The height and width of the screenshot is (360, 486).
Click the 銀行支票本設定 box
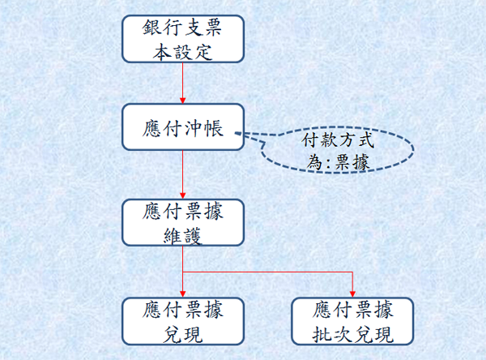click(x=183, y=39)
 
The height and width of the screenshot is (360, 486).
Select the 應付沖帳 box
click(x=183, y=127)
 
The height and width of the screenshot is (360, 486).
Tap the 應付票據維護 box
click(x=183, y=222)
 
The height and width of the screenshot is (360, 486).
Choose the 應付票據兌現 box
click(x=183, y=321)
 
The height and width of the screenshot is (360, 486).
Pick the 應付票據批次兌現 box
click(x=352, y=321)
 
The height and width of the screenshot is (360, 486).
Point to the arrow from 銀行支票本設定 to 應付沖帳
click(x=182, y=84)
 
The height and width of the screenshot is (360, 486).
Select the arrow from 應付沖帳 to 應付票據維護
click(x=182, y=174)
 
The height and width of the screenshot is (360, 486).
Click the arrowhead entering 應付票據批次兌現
click(x=352, y=294)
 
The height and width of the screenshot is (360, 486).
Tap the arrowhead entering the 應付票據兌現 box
click(x=182, y=294)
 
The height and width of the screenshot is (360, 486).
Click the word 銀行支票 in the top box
click(x=182, y=28)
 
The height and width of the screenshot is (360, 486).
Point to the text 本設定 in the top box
click(x=182, y=51)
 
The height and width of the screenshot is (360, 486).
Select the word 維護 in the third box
click(x=183, y=236)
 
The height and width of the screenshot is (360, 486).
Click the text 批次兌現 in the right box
click(x=352, y=335)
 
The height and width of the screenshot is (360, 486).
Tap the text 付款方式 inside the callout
click(x=338, y=140)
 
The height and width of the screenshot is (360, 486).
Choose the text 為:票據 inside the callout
click(x=338, y=162)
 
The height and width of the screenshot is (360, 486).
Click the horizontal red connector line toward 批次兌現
click(x=267, y=272)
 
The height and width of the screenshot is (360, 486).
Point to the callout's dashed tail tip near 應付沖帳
click(x=236, y=134)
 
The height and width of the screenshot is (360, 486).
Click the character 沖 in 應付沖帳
click(x=193, y=128)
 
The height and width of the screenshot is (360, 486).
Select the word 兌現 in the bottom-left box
click(x=183, y=335)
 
